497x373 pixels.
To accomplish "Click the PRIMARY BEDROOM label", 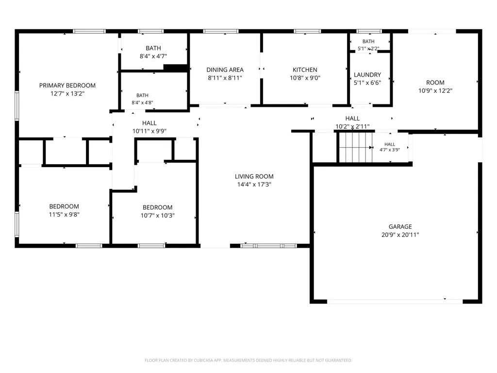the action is pos(67,85).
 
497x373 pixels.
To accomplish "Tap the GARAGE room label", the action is pos(400,226).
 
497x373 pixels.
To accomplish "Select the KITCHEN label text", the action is pos(305,69).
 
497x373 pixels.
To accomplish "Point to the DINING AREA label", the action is pos(225,69).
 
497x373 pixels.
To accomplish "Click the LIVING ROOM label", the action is pos(254,176).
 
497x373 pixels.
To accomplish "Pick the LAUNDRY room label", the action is pos(367,74).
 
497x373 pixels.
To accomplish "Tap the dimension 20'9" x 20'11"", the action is pos(400,235).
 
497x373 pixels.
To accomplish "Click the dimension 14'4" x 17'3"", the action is pos(254,185).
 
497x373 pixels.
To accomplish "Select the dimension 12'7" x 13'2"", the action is pos(67,94).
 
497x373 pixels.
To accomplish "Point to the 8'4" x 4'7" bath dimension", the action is pos(153,56).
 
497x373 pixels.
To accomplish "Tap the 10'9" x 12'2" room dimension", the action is pos(435,91).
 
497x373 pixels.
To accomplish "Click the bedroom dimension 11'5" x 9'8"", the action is pos(64,214).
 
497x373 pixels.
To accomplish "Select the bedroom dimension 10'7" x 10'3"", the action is pos(158,215).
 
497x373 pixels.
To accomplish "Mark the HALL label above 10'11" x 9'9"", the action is pos(149,123).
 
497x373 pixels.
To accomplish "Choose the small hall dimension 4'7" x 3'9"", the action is pos(390,150).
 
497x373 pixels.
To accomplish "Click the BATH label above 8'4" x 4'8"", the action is pos(142,95).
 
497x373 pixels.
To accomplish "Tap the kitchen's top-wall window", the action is pos(307,31).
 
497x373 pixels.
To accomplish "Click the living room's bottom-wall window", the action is pos(269,246).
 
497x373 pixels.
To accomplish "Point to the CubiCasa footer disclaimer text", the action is pos(248,360).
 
